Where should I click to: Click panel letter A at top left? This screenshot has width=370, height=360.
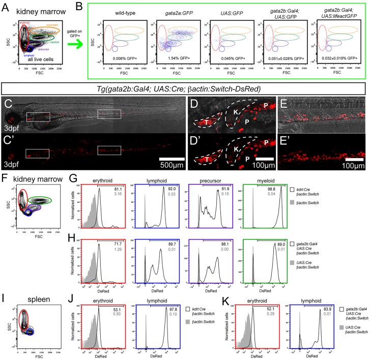(x=6, y=6)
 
